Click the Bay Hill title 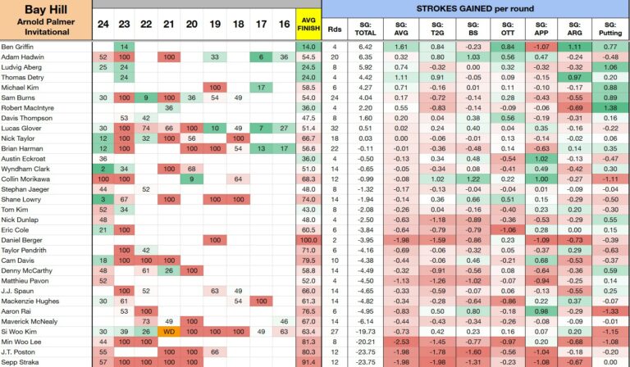click(46, 9)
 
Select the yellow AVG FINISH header click(308, 24)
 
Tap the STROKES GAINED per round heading click(475, 8)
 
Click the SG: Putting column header click(610, 29)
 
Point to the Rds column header click(335, 29)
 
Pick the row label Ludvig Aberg click(21, 67)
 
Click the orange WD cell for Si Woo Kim click(169, 332)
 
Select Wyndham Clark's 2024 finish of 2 click(103, 169)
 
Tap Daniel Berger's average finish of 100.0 click(308, 240)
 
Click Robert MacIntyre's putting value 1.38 click(610, 108)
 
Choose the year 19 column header click(215, 25)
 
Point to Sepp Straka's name click(20, 362)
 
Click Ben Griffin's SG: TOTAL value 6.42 click(365, 47)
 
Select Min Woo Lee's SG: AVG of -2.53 click(401, 342)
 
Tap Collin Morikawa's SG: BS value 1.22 click(473, 179)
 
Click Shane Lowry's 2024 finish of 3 click(103, 199)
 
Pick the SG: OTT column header click(508, 29)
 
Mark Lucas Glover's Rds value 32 click(335, 129)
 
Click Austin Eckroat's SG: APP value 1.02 click(541, 159)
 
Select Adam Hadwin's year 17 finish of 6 click(261, 57)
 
